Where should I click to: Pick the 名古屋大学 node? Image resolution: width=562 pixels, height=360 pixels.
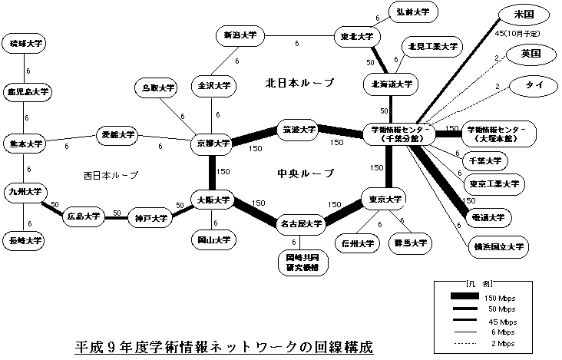(300, 223)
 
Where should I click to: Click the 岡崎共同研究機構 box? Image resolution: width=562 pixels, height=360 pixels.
(296, 261)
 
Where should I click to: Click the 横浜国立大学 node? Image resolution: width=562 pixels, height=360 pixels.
(498, 247)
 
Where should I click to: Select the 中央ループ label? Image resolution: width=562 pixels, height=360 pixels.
(305, 173)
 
